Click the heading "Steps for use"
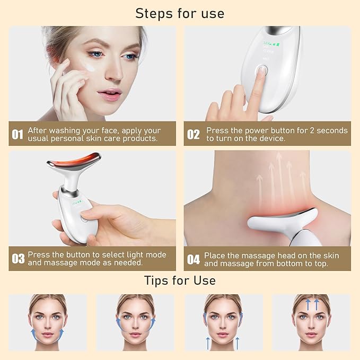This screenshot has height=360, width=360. point(180,13)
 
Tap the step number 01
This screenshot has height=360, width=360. point(17,135)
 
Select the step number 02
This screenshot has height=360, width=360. point(193,135)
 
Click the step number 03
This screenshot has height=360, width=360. point(18,259)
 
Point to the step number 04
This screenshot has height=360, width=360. point(194,259)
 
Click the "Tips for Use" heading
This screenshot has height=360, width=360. point(180,280)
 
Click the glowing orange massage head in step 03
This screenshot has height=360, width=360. point(74,160)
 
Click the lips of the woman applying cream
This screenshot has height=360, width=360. point(109,93)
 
